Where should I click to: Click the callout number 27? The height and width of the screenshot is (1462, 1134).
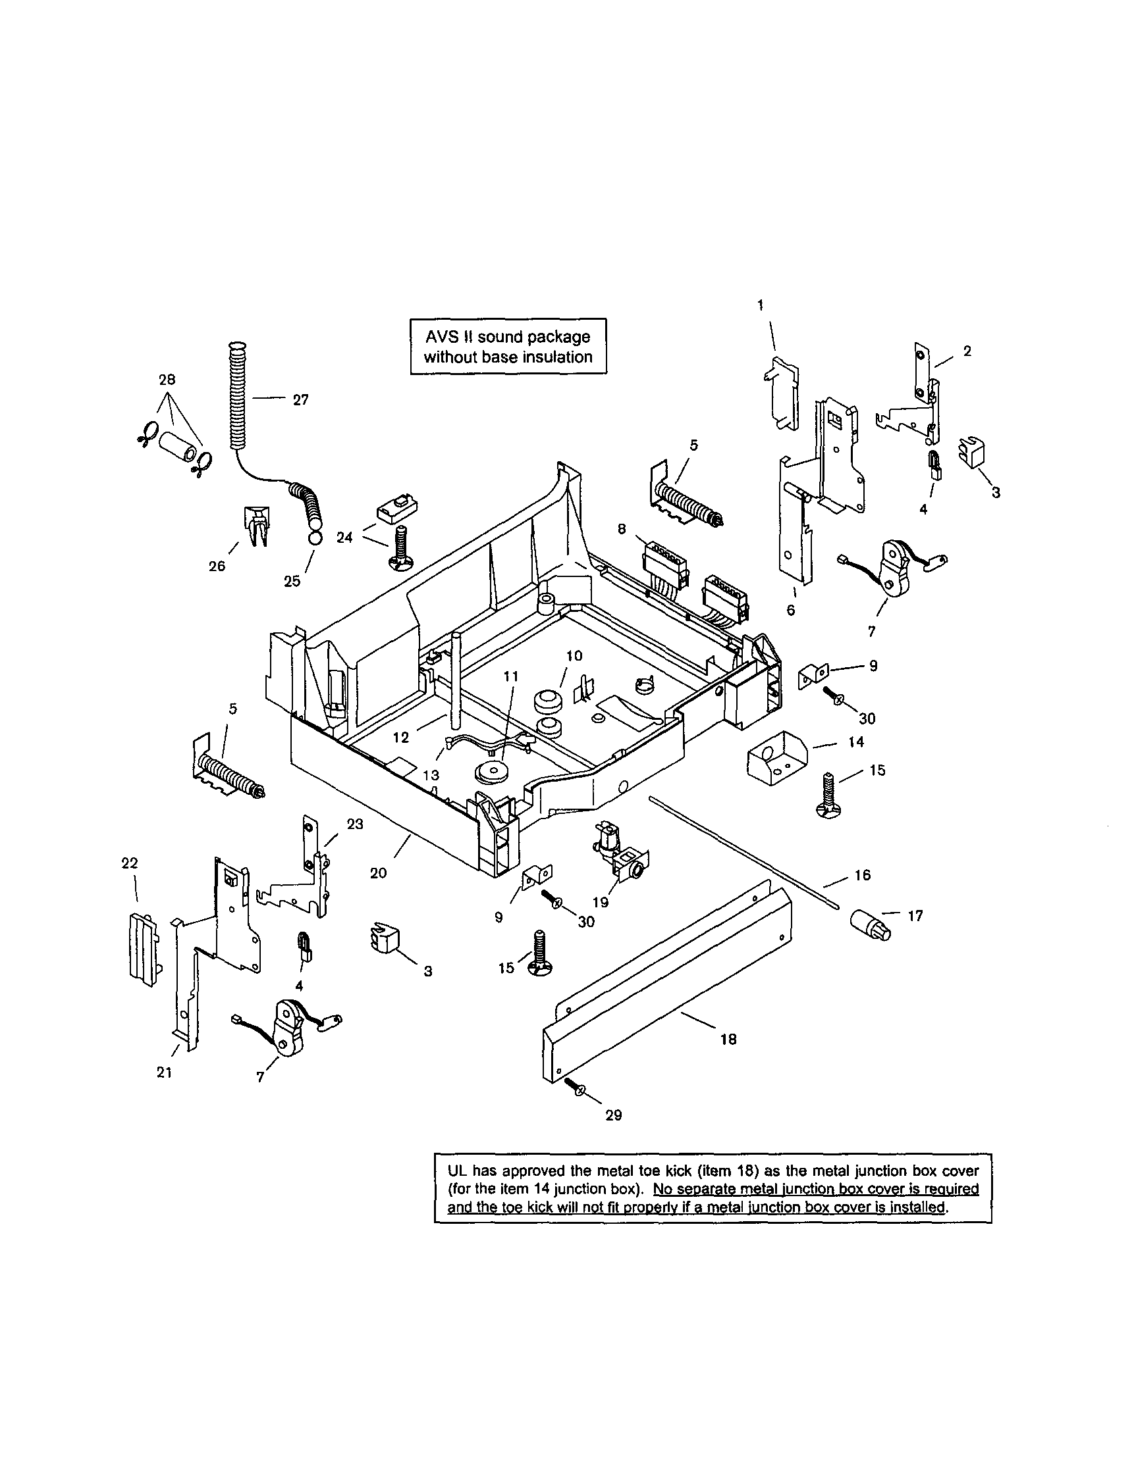click(300, 399)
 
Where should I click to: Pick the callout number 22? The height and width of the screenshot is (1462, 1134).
click(129, 863)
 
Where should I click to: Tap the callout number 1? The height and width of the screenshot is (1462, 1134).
click(760, 305)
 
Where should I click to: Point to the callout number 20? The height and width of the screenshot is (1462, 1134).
click(379, 873)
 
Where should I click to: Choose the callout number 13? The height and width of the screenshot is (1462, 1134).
click(431, 774)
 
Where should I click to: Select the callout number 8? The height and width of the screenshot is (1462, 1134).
click(622, 529)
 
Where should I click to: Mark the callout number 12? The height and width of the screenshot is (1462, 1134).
click(400, 738)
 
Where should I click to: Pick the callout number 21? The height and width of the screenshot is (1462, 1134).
click(165, 1072)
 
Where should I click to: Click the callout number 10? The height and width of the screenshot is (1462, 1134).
click(574, 656)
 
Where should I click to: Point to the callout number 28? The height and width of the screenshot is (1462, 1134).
click(167, 380)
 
